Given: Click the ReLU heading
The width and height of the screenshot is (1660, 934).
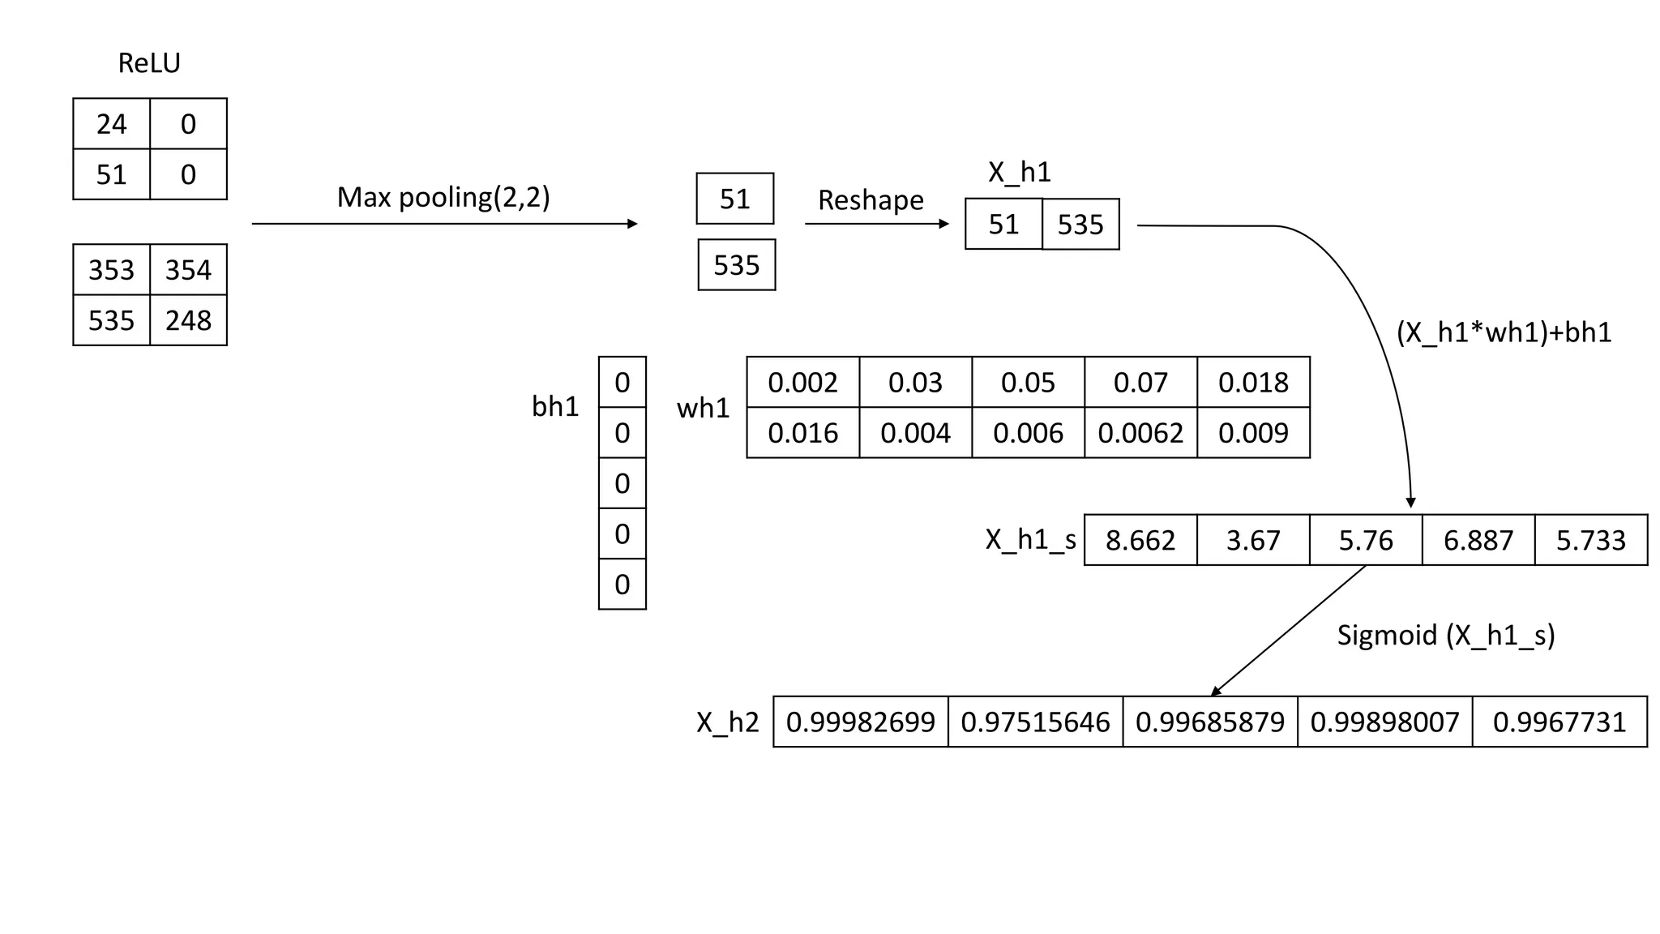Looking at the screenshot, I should pyautogui.click(x=149, y=63).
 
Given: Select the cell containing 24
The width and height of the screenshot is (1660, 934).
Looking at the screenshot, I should pyautogui.click(x=112, y=124).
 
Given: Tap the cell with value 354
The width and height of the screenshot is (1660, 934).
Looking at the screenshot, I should pyautogui.click(x=188, y=270).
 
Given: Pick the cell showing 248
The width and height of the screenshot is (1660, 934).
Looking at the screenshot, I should pyautogui.click(x=188, y=320).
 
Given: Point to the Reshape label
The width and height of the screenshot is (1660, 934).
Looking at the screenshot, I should pyautogui.click(x=871, y=200).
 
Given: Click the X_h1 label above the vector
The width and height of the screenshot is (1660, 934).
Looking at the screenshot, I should pyautogui.click(x=1019, y=172).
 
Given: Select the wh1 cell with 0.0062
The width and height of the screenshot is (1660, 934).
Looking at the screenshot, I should pyautogui.click(x=1140, y=433).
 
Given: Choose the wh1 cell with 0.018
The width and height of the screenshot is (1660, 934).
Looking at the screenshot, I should pyautogui.click(x=1253, y=383).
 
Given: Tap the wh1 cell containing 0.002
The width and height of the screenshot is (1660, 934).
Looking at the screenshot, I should pyautogui.click(x=802, y=383).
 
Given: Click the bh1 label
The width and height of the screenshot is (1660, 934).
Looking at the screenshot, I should pyautogui.click(x=555, y=406).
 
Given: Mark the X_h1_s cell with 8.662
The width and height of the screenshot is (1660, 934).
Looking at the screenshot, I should pyautogui.click(x=1140, y=540).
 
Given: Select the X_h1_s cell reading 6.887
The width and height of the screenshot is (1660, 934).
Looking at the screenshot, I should pyautogui.click(x=1478, y=540).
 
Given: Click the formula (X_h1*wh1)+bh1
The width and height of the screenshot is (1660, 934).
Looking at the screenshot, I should pyautogui.click(x=1504, y=332).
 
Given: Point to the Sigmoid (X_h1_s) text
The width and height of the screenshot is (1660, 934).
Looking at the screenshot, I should pyautogui.click(x=1446, y=635).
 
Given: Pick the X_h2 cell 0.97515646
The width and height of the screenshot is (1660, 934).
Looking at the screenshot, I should pyautogui.click(x=1035, y=722).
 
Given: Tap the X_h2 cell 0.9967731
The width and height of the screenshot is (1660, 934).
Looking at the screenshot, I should pyautogui.click(x=1559, y=722).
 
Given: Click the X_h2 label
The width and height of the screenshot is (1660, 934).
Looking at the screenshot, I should pyautogui.click(x=727, y=722).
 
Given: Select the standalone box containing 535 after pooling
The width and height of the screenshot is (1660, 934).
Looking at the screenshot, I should pyautogui.click(x=736, y=265).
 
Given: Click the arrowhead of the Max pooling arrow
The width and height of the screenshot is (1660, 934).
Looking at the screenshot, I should pyautogui.click(x=633, y=224).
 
